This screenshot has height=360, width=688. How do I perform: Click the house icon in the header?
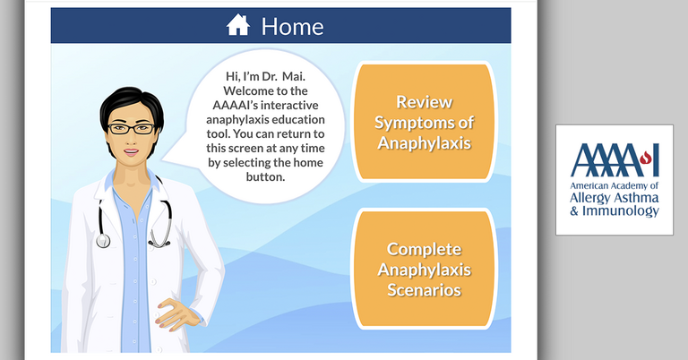(x=238, y=26)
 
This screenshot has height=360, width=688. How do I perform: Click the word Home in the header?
(x=292, y=26)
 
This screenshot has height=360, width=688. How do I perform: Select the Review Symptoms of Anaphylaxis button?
(x=423, y=122)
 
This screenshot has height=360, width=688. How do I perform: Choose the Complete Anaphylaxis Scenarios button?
(x=423, y=270)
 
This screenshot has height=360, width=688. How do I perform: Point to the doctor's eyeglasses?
(x=129, y=128)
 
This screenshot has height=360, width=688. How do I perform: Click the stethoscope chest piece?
(x=103, y=240)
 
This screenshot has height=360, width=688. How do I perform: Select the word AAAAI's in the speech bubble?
(x=247, y=106)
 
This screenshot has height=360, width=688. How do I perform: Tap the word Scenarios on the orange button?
(x=424, y=289)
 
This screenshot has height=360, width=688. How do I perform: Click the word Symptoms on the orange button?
(x=424, y=122)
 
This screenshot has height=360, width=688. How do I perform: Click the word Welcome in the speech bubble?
(x=253, y=91)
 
